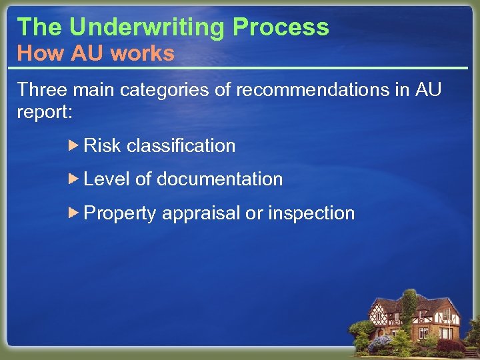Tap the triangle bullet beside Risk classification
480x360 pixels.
[75, 145]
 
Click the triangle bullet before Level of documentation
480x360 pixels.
[75, 178]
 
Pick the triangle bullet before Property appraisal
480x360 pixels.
[75, 213]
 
